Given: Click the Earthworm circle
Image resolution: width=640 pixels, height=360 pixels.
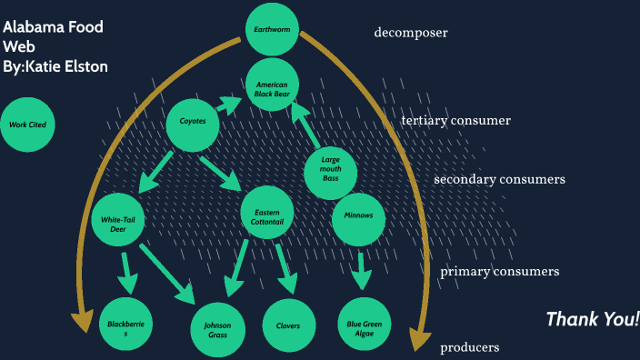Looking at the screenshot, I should point(272,29).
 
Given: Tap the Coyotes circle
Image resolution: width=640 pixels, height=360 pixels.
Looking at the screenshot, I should point(193,121).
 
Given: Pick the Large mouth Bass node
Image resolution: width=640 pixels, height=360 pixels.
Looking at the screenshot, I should point(330,168).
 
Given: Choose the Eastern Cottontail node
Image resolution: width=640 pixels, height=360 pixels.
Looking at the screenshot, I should point(267,215).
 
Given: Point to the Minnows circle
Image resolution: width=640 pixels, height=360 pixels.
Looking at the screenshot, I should point(359,216).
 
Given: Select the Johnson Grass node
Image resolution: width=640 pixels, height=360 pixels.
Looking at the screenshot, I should point(217,329).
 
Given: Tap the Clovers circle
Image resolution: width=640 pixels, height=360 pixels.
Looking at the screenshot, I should point(289,325).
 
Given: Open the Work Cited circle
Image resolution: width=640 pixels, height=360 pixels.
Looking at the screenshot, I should point(27,125).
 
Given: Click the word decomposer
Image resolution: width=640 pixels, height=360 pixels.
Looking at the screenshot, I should point(411,34).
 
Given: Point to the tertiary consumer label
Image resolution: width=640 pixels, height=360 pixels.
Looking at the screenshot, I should point(455,120).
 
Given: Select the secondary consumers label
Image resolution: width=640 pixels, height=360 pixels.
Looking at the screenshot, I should point(499,179).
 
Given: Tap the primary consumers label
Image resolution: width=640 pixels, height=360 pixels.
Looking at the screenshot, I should point(499,271).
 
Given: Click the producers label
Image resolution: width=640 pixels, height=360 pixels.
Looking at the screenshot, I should point(469,347).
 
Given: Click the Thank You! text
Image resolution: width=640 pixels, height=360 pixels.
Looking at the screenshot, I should point(592,319).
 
